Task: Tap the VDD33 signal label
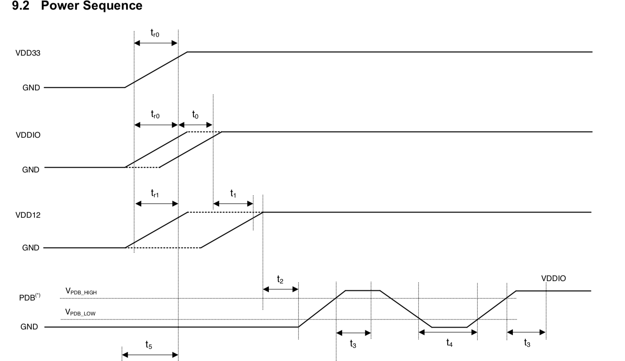click(28, 53)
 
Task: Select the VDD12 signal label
click(28, 215)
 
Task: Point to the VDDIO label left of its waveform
click(28, 135)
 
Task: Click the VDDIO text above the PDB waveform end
click(553, 278)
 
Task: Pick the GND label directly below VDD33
click(31, 88)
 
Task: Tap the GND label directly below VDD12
click(31, 248)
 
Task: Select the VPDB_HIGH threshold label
click(81, 292)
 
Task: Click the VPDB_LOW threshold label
click(80, 312)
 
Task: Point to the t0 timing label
click(195, 115)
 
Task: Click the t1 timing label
click(233, 194)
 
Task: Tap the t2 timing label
click(280, 280)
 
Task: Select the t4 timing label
click(449, 343)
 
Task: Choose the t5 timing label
click(149, 345)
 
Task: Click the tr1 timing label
click(155, 194)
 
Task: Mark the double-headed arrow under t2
click(281, 289)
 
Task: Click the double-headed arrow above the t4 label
click(448, 332)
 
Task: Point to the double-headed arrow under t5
click(150, 355)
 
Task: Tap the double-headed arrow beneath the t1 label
click(233, 204)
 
